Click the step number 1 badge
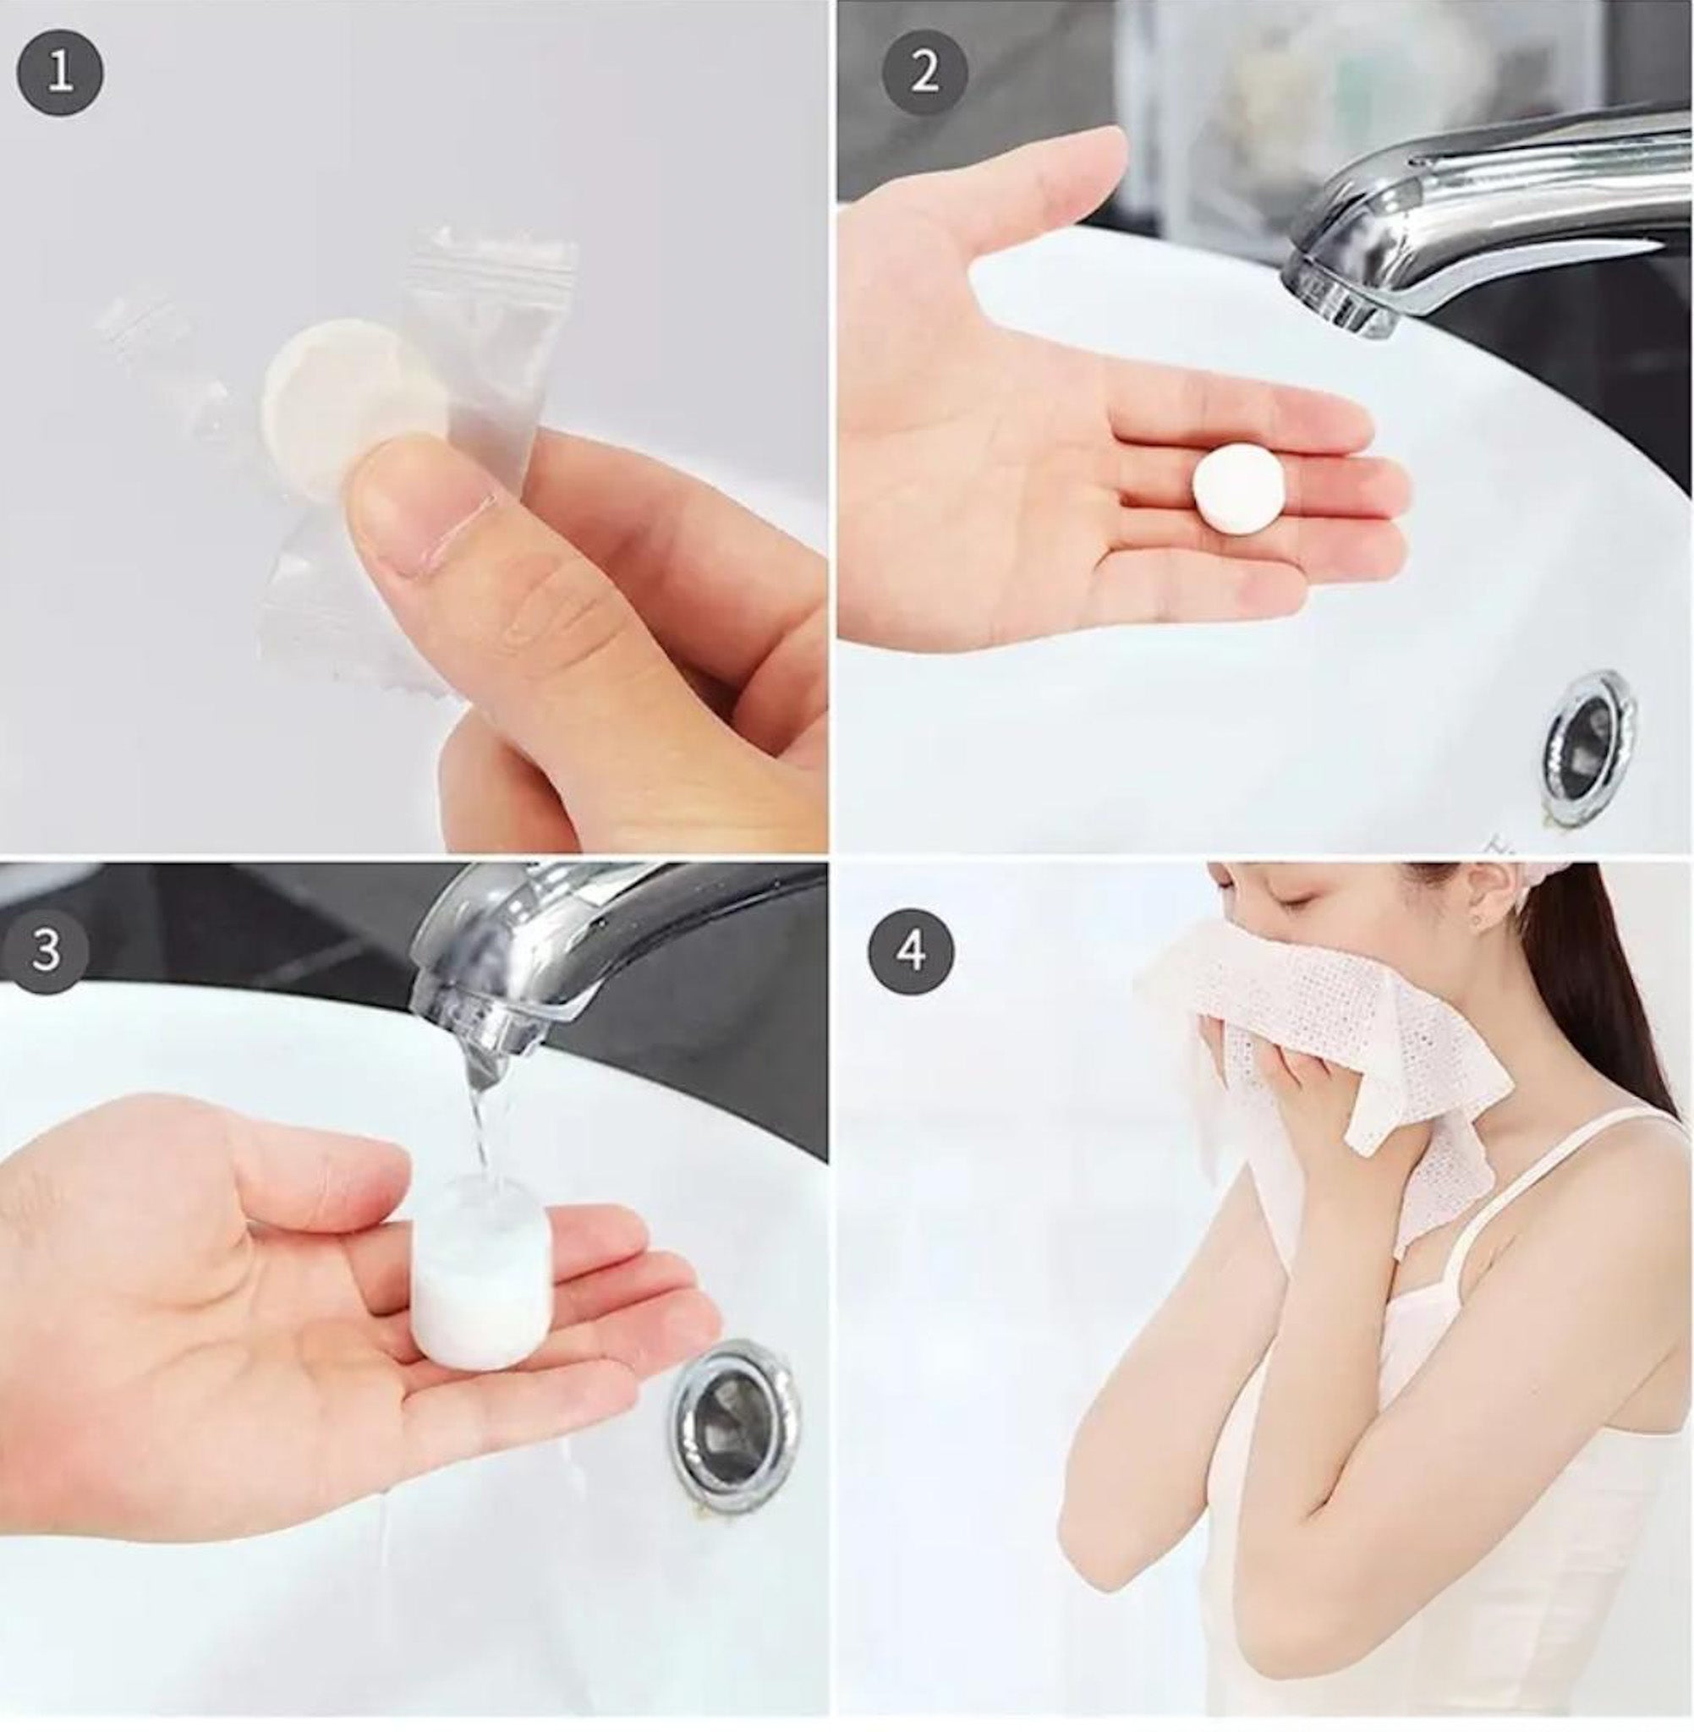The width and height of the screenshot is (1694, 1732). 61,73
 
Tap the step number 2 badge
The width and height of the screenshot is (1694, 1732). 924,73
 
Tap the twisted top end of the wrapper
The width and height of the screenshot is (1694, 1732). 495,254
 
